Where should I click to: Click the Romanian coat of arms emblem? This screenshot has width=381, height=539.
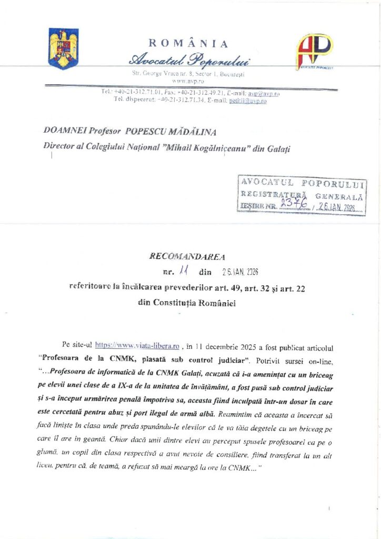[x=63, y=48]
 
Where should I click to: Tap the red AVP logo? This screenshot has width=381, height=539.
[x=314, y=51]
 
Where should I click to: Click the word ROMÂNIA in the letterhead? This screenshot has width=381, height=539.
[x=188, y=44]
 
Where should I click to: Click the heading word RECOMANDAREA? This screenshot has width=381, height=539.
[x=187, y=257]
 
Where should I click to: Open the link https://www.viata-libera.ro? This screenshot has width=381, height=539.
[x=138, y=346]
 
